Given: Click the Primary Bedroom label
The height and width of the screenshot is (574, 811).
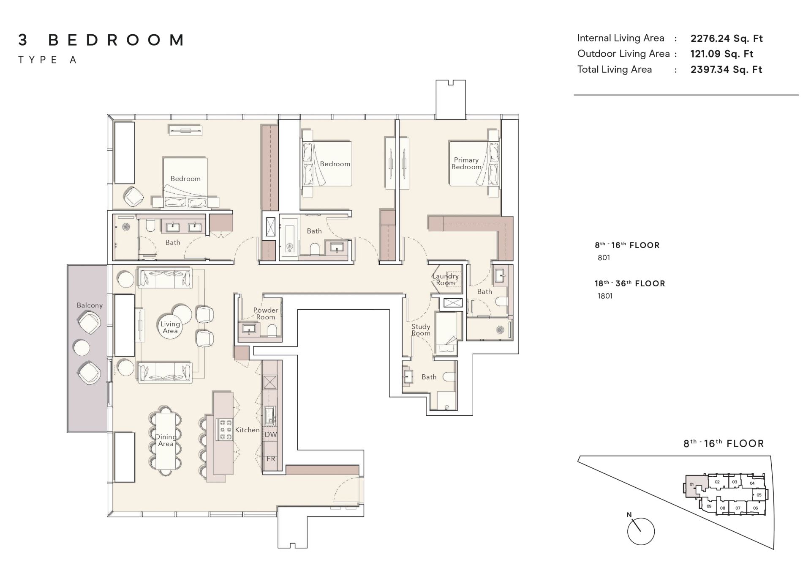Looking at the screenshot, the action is [466, 163].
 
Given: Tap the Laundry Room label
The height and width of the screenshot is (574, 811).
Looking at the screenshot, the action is [445, 279].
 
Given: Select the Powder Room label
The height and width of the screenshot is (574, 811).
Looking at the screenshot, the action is [266, 313].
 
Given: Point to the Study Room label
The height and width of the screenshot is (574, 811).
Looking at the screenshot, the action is [421, 330].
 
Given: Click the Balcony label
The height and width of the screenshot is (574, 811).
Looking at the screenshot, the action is [90, 305].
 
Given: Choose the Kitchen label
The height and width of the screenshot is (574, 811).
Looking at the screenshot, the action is [247, 430].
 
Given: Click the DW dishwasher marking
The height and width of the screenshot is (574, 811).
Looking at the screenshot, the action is [271, 434].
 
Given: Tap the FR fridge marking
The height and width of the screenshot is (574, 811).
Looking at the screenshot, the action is [271, 459].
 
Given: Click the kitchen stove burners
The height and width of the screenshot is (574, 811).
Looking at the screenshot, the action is [224, 429].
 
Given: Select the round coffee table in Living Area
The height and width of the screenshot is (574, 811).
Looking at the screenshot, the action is [171, 326].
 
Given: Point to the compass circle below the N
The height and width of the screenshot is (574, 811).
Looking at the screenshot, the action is [641, 531].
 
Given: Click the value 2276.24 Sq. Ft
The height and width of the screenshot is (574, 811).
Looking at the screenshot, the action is [727, 38].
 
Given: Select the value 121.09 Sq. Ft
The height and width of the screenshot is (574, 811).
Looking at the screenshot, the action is [722, 54].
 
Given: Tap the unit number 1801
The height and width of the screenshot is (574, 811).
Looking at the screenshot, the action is [605, 296].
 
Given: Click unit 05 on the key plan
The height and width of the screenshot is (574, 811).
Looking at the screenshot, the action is [759, 495].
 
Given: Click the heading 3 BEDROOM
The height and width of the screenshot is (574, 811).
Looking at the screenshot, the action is [101, 40].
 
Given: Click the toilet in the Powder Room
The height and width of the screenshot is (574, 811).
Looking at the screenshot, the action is [272, 330].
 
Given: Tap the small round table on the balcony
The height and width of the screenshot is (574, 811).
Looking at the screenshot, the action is [82, 348].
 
